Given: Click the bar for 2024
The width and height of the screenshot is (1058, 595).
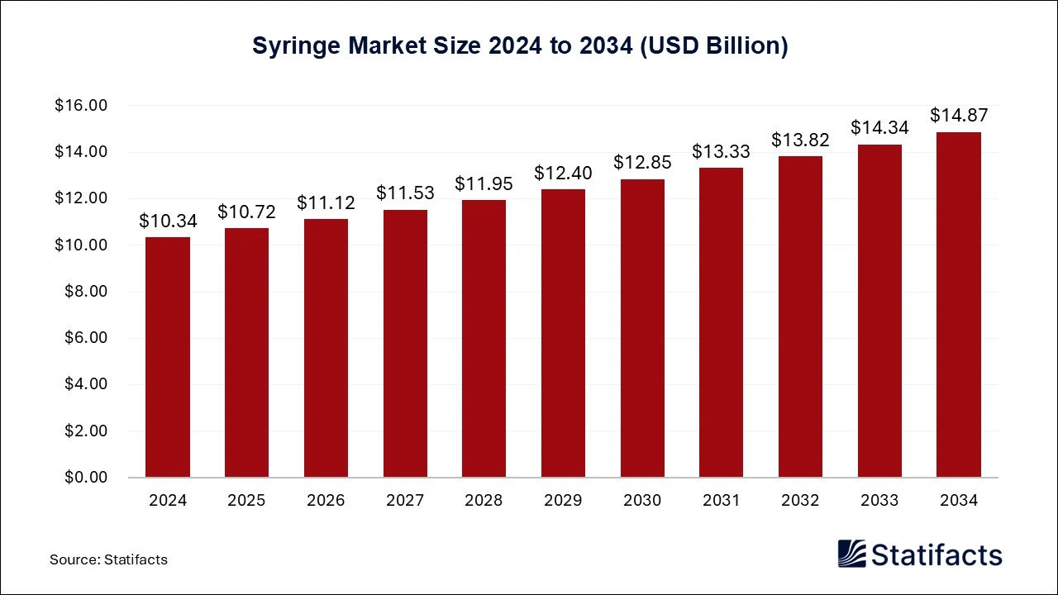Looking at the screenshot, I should (x=168, y=357).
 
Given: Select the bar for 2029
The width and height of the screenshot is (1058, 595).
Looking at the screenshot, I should (x=563, y=333).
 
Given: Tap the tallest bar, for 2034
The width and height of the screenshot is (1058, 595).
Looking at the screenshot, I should (x=958, y=304).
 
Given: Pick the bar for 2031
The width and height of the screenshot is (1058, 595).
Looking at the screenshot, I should (x=721, y=322).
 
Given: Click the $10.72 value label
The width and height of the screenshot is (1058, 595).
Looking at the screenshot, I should (x=246, y=212).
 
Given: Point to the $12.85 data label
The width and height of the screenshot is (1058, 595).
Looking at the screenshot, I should (x=642, y=163).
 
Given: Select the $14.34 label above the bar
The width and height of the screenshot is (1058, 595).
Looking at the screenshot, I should (x=879, y=128).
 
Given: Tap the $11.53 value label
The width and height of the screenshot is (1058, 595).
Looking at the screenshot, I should (x=405, y=193).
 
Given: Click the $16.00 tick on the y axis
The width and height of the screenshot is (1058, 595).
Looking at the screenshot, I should (x=81, y=106).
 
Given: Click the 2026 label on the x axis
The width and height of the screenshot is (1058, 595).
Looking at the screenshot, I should (x=326, y=501).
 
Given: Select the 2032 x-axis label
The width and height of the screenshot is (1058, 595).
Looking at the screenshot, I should (x=800, y=501).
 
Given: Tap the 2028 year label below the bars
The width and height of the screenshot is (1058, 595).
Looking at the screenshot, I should (x=484, y=501).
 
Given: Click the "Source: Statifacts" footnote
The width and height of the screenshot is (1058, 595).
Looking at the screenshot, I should (x=108, y=559).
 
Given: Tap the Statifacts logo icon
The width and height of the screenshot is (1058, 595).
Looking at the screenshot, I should (x=851, y=553).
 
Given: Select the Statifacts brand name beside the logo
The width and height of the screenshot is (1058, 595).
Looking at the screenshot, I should (x=936, y=554).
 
